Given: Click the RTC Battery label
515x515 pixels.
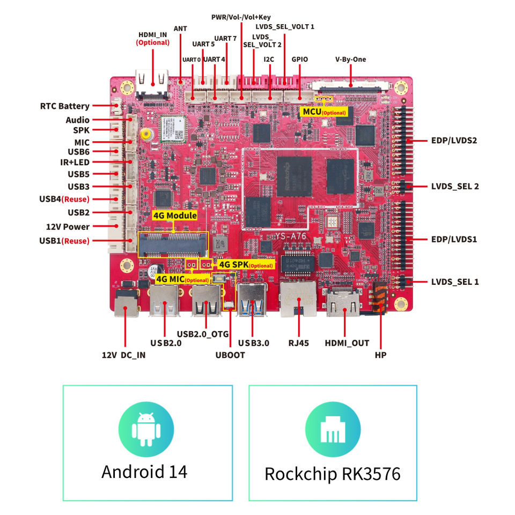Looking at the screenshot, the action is pos(65,106).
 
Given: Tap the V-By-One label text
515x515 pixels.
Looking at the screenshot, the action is pos(350,60).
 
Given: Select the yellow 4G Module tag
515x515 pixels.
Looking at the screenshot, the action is pos(175,216).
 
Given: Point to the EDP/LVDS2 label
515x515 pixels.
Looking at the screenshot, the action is pos(454,141).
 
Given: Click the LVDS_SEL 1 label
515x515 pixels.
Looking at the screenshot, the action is pos(455,282).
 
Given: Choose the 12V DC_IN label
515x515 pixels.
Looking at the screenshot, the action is pos(123,355).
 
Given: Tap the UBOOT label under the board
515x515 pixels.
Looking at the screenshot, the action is pos(230,355).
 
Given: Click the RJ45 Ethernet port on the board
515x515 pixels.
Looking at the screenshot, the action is pos(298,299).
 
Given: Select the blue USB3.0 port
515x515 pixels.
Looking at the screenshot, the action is pos(252,299).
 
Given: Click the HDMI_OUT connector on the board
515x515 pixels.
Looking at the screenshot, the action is pos(343,302).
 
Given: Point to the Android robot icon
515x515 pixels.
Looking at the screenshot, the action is pos(146,429).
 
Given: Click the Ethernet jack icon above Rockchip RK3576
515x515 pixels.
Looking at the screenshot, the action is pos(333,430).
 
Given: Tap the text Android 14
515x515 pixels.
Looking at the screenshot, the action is pos(144,472).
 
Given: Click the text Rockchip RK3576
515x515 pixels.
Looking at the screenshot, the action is pos(333,474).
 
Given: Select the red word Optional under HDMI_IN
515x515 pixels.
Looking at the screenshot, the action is pos(153,43).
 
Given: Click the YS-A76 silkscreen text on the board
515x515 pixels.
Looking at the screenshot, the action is pos(291,236).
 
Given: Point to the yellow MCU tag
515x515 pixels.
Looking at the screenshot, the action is pos(324,112).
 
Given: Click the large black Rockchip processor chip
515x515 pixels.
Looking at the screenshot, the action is pos(294,176).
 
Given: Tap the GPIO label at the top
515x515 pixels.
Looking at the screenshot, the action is pos(299,60).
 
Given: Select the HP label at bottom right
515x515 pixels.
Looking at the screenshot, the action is pos(381,355).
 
